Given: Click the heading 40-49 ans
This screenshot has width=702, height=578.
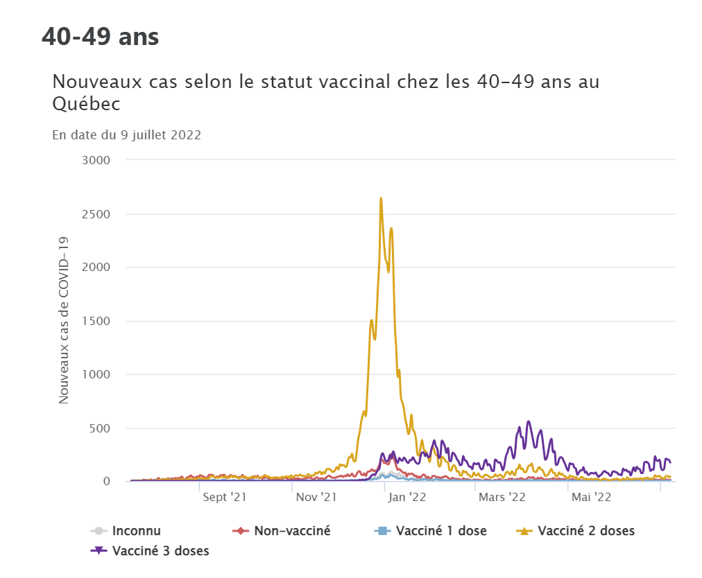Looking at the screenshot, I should coord(101,37).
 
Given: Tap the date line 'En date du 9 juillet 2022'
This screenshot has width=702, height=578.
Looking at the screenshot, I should coord(127,135).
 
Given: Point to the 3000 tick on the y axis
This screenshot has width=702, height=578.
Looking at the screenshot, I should coord(97,160).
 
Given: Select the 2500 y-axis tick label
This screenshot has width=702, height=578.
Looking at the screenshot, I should coord(97,214).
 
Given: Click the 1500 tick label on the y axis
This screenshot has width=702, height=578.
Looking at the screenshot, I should coord(97,321).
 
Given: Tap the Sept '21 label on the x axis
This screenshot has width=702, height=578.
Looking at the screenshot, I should coord(225,497).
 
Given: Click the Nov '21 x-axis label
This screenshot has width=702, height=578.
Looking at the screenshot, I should coord(316,497).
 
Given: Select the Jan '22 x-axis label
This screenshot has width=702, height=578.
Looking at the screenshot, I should coord(408,497).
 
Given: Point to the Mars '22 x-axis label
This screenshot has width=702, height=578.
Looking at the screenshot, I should coord(502,497).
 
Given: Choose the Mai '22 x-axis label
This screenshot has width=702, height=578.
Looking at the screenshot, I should coord(591,497).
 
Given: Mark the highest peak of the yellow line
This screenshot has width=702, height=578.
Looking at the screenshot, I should coord(381,198).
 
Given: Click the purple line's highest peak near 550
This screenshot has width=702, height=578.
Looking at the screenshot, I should coord(529,421).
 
